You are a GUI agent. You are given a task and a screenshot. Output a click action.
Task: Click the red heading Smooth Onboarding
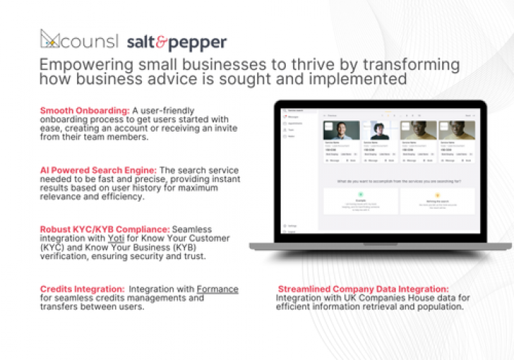[x=85, y=110]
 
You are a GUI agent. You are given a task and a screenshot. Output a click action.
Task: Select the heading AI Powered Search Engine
[x=99, y=170]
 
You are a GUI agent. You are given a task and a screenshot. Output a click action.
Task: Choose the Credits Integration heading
[x=85, y=289]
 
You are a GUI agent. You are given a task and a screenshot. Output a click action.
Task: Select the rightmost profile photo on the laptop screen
[x=458, y=131]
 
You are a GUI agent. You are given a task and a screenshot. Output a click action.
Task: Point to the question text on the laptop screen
[x=399, y=174]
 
